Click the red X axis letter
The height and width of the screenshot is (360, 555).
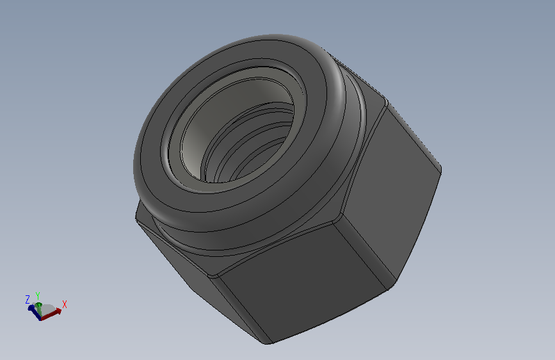65,304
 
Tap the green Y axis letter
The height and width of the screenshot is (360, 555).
38,296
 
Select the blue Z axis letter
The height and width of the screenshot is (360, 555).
28,299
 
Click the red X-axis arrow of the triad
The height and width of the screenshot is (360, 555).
51,315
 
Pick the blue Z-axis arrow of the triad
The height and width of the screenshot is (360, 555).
35,312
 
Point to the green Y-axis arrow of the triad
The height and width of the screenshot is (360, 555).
39,309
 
